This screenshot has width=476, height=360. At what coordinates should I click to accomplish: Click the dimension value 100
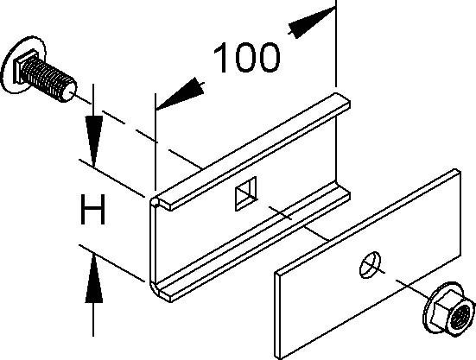click(x=246, y=58)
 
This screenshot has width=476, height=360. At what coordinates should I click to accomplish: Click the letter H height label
click(x=92, y=210)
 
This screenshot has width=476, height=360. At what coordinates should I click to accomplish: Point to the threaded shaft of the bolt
click(x=48, y=79)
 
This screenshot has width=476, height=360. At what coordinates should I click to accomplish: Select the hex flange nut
click(x=448, y=309)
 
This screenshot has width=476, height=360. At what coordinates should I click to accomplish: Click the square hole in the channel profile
click(x=246, y=193)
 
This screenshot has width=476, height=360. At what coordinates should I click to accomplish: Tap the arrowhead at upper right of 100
click(x=310, y=22)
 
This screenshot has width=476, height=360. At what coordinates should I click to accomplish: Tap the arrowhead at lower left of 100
click(x=180, y=94)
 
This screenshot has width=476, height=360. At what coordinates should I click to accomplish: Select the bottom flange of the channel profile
click(x=252, y=243)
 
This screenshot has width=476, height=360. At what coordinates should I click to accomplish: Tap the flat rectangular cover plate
click(x=368, y=264)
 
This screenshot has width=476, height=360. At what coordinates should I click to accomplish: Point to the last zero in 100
click(x=266, y=58)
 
